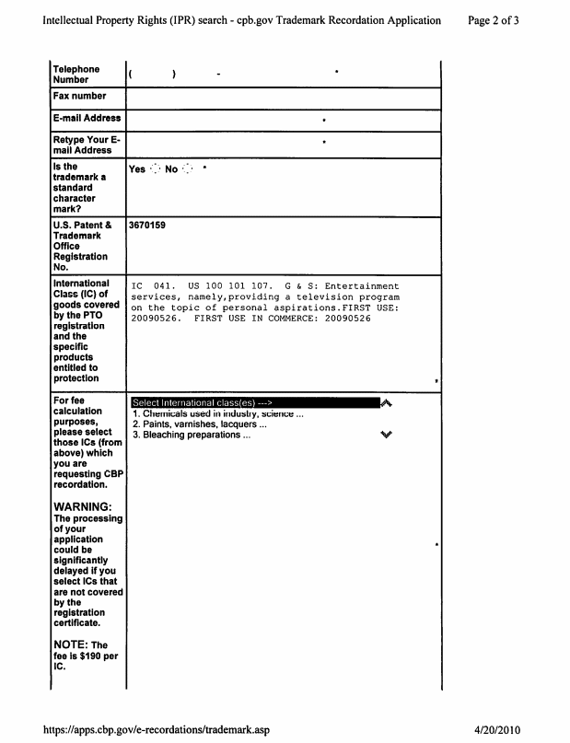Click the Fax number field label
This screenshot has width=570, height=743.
pyautogui.click(x=79, y=96)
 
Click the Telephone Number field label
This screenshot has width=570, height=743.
pyautogui.click(x=76, y=75)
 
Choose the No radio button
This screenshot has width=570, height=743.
pyautogui.click(x=189, y=169)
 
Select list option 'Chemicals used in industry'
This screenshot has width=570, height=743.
pyautogui.click(x=217, y=413)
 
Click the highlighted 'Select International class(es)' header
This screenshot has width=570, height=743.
pyautogui.click(x=203, y=403)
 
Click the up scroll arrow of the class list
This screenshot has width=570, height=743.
pyautogui.click(x=387, y=403)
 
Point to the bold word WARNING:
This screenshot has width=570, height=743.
pyautogui.click(x=83, y=507)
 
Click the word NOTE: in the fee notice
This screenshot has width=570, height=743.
pyautogui.click(x=73, y=644)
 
